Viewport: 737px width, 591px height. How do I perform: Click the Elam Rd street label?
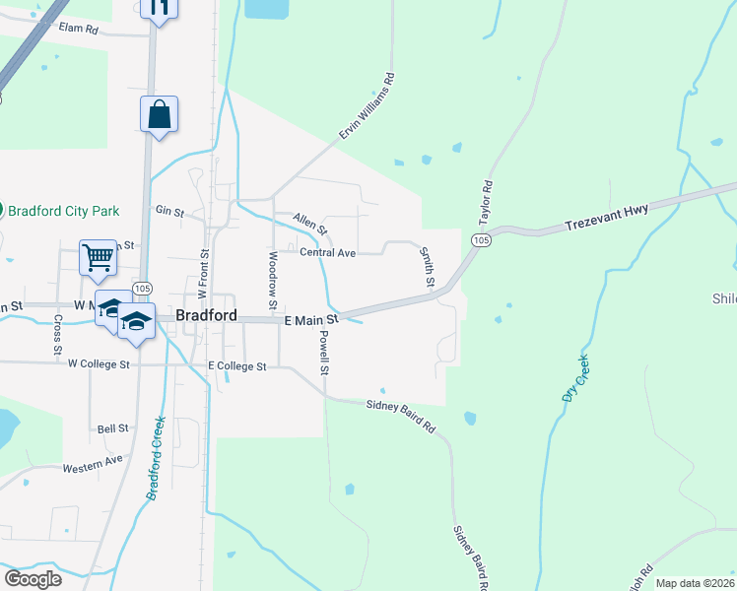79,30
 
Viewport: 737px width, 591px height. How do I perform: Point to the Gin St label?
164,210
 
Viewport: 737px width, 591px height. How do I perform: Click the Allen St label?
309,224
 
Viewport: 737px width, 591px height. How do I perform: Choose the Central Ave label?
327,253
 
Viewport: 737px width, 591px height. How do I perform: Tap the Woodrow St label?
273,277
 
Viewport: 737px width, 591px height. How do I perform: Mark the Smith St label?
429,268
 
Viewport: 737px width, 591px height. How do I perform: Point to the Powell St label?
323,352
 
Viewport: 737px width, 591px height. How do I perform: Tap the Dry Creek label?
574,377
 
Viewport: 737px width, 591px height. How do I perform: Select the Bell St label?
112,428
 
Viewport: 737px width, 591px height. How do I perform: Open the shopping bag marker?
159,113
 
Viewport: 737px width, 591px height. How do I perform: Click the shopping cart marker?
98,257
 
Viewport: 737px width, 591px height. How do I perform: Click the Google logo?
33,578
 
